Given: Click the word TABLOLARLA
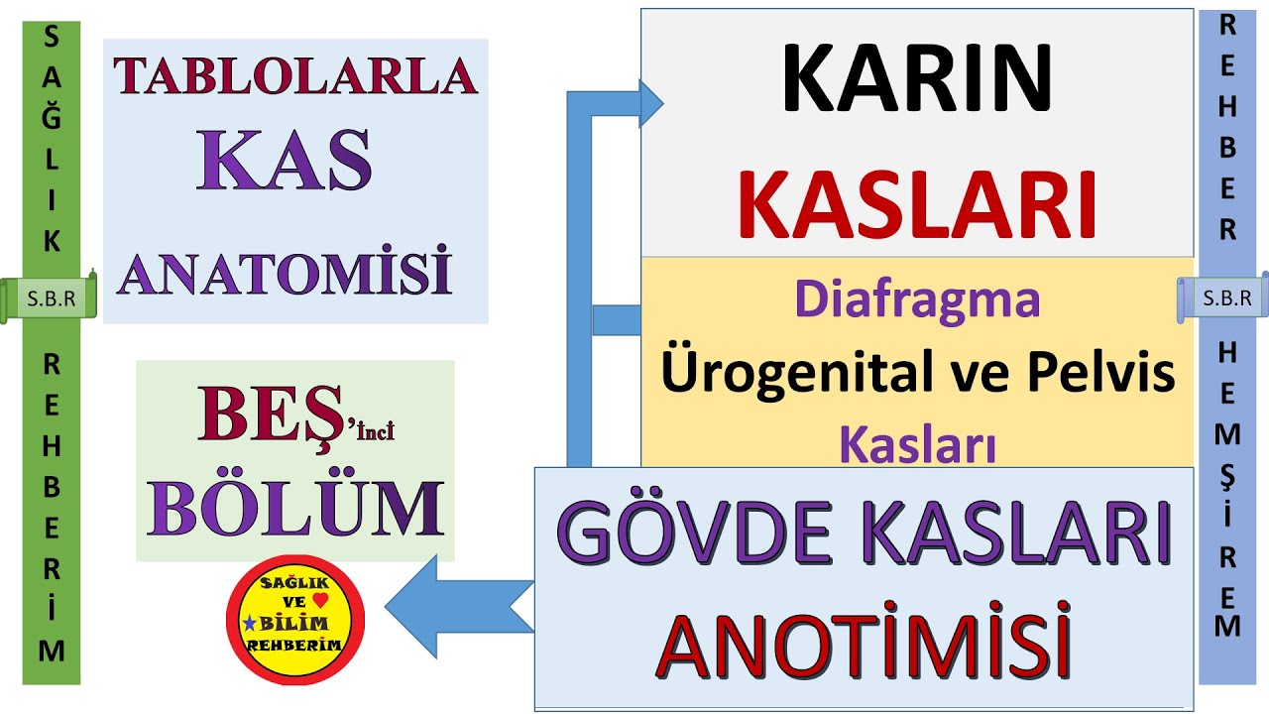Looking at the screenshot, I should click(295, 75).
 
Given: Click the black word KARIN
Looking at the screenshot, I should click(916, 79).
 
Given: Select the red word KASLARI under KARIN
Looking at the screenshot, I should click(918, 206).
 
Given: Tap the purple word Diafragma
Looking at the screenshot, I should click(917, 298).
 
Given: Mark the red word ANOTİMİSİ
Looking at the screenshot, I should click(865, 646).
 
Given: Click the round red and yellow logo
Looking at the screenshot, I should click(295, 620).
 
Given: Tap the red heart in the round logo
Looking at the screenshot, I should click(318, 599).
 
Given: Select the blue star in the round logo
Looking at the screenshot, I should click(248, 622).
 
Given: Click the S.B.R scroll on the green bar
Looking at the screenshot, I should click(50, 297).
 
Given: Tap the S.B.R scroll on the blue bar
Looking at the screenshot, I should click(1223, 297).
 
